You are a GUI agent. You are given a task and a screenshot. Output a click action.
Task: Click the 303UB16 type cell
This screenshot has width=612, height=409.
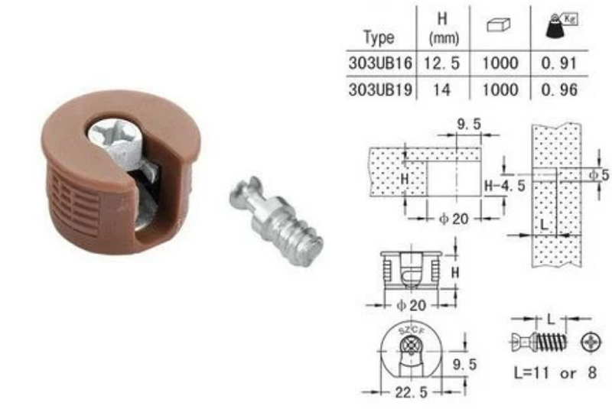coord(380,63)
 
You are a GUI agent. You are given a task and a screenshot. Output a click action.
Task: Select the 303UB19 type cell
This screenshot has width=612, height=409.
coord(380,89)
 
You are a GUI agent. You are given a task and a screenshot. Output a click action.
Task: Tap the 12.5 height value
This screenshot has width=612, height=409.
coord(442,63)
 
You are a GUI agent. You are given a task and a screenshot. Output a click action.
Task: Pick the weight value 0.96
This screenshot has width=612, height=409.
coord(559,89)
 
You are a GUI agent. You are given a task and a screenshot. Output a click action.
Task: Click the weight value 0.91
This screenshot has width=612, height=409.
coord(559,63)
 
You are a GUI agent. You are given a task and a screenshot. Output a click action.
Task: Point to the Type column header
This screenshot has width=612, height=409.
coord(379,37)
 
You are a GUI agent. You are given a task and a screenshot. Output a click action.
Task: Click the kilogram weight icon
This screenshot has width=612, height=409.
coord(561,26)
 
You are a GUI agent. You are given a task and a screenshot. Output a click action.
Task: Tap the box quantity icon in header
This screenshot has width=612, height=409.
coord(499,25)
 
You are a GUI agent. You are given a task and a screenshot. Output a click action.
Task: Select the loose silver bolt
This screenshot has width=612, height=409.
coord(276,220)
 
